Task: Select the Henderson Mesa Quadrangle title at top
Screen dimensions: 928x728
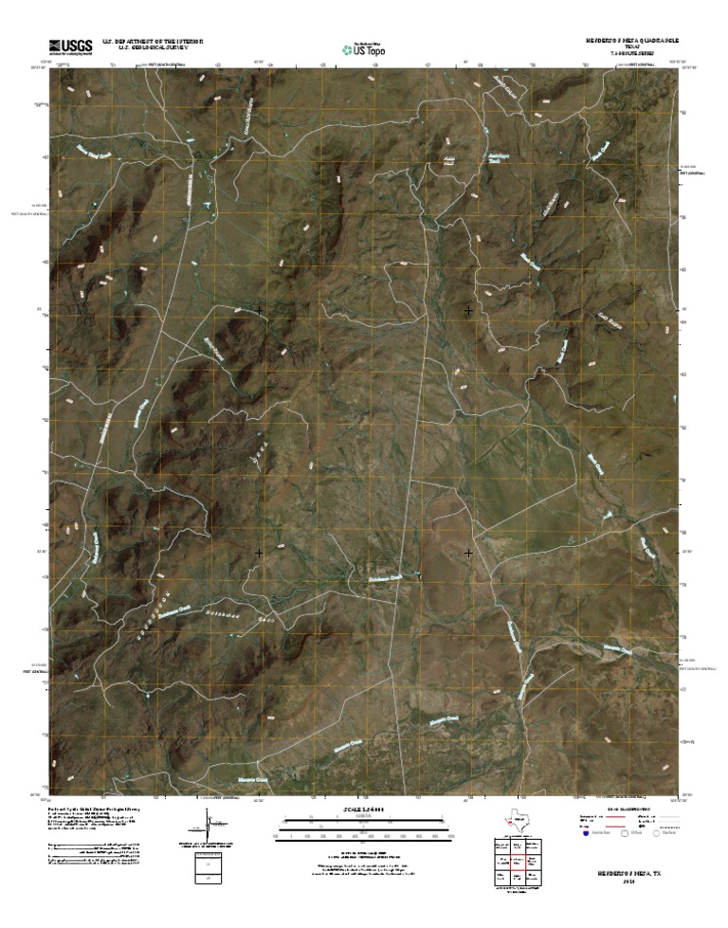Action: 631,42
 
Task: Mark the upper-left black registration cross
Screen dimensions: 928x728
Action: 259,310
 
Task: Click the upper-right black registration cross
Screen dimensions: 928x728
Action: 468,310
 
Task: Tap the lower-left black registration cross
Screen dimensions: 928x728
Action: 259,552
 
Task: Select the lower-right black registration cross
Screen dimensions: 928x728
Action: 468,552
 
